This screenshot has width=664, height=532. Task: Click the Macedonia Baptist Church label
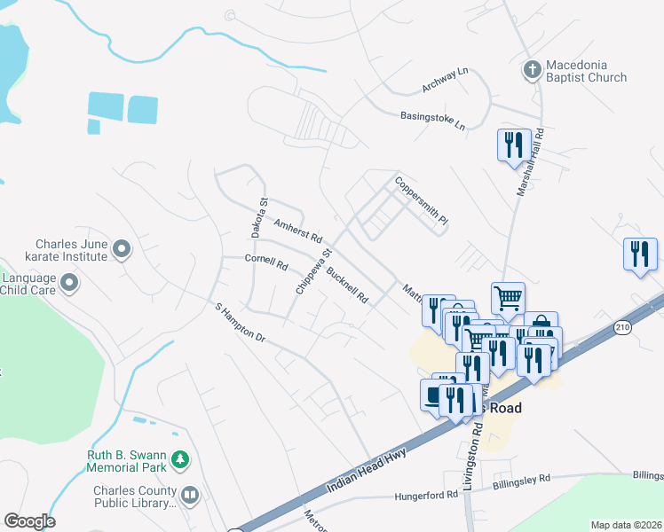coord(586,71)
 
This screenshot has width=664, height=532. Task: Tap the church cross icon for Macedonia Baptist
coord(532,70)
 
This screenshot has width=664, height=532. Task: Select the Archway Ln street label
coord(447,82)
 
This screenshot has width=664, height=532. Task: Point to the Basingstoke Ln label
coord(432,120)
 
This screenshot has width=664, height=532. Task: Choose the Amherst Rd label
coord(297,233)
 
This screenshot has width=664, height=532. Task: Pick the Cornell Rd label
coord(267,262)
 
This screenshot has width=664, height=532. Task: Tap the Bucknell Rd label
coord(347,285)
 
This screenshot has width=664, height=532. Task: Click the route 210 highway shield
coord(623,326)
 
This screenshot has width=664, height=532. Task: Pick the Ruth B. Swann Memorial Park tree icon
coord(181,459)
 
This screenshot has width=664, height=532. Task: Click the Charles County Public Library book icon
coord(189,494)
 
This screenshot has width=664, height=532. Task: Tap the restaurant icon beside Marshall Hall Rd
coord(514,145)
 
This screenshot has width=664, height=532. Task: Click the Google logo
coord(29,520)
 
